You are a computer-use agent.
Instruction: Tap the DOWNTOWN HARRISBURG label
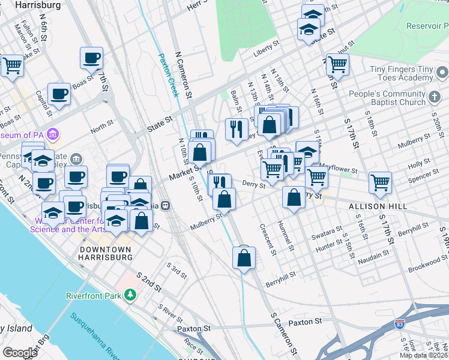[x=106, y=253]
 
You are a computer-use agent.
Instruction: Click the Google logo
[x=20, y=353]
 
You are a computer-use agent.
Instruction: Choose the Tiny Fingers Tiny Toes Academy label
[x=402, y=74]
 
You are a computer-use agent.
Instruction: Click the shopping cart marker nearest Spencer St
[x=380, y=182]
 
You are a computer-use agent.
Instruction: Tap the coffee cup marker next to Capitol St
[x=59, y=94]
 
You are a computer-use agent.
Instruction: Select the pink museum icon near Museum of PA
[x=52, y=133]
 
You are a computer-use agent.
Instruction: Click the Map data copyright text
[x=423, y=355]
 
